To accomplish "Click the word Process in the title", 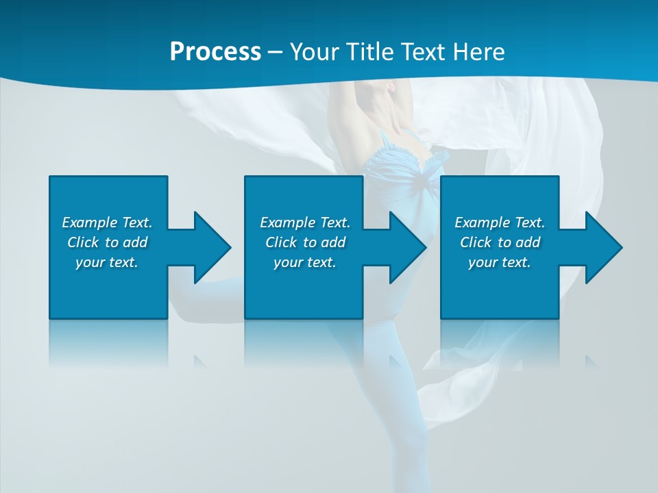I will coord(215,52).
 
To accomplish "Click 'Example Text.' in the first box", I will coord(107,223).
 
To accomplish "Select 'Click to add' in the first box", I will coord(107,242).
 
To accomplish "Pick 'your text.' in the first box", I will coord(107,262).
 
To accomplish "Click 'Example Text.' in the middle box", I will coord(305,223).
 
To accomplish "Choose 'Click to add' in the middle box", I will coord(305,242).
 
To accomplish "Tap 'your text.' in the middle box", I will coord(305,262).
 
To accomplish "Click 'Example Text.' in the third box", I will coord(500,223).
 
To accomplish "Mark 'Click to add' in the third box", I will coord(500,242).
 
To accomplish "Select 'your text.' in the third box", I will coord(500,262).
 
